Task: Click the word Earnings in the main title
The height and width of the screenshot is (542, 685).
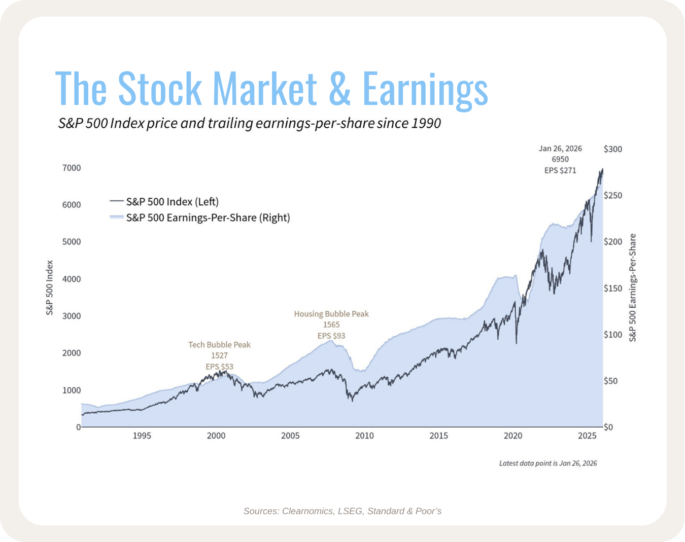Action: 425,89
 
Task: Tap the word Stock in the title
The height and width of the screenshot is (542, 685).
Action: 159,89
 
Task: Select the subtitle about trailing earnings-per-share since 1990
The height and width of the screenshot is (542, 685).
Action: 249,123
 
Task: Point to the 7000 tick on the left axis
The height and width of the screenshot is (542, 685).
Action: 72,168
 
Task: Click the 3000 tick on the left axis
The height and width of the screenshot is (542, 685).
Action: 72,316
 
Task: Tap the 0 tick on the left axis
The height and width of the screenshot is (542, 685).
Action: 78,427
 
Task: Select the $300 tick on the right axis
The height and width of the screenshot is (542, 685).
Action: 612,149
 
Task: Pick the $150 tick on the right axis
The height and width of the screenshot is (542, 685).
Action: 612,288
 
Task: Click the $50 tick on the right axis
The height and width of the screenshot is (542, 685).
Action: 610,381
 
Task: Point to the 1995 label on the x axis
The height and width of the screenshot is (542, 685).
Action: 142,436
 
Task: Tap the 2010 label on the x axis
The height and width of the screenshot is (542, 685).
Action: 364,436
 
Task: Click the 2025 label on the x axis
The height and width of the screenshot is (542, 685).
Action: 587,436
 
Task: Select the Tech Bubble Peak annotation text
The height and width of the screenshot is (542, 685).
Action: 219,345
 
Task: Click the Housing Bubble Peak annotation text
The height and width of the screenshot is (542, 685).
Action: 331,314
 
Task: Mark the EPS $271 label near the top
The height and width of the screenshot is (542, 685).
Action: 560,170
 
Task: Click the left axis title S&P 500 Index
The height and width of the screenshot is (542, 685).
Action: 50,287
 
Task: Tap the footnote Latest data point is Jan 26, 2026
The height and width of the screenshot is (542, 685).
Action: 548,463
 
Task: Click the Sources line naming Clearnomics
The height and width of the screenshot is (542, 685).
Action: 342,511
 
